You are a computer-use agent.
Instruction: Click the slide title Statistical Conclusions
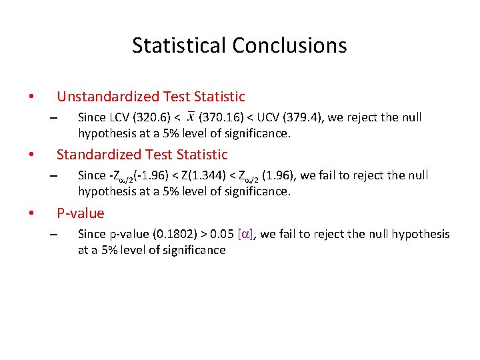(239, 45)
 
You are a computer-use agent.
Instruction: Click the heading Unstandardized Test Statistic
(151, 97)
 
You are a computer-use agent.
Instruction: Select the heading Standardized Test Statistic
(142, 155)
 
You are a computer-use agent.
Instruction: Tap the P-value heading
(81, 213)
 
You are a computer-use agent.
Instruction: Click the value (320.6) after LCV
(153, 117)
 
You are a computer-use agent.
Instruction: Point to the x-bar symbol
(191, 117)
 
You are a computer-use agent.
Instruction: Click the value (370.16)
(221, 117)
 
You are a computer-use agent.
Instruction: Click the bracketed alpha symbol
(245, 234)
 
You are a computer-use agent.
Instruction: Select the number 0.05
(221, 234)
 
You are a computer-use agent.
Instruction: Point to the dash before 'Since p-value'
(53, 235)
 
